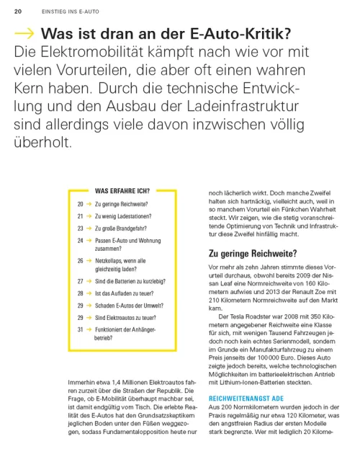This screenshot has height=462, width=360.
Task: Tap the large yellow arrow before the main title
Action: (24, 34)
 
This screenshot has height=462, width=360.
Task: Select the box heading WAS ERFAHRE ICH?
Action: (122, 191)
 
